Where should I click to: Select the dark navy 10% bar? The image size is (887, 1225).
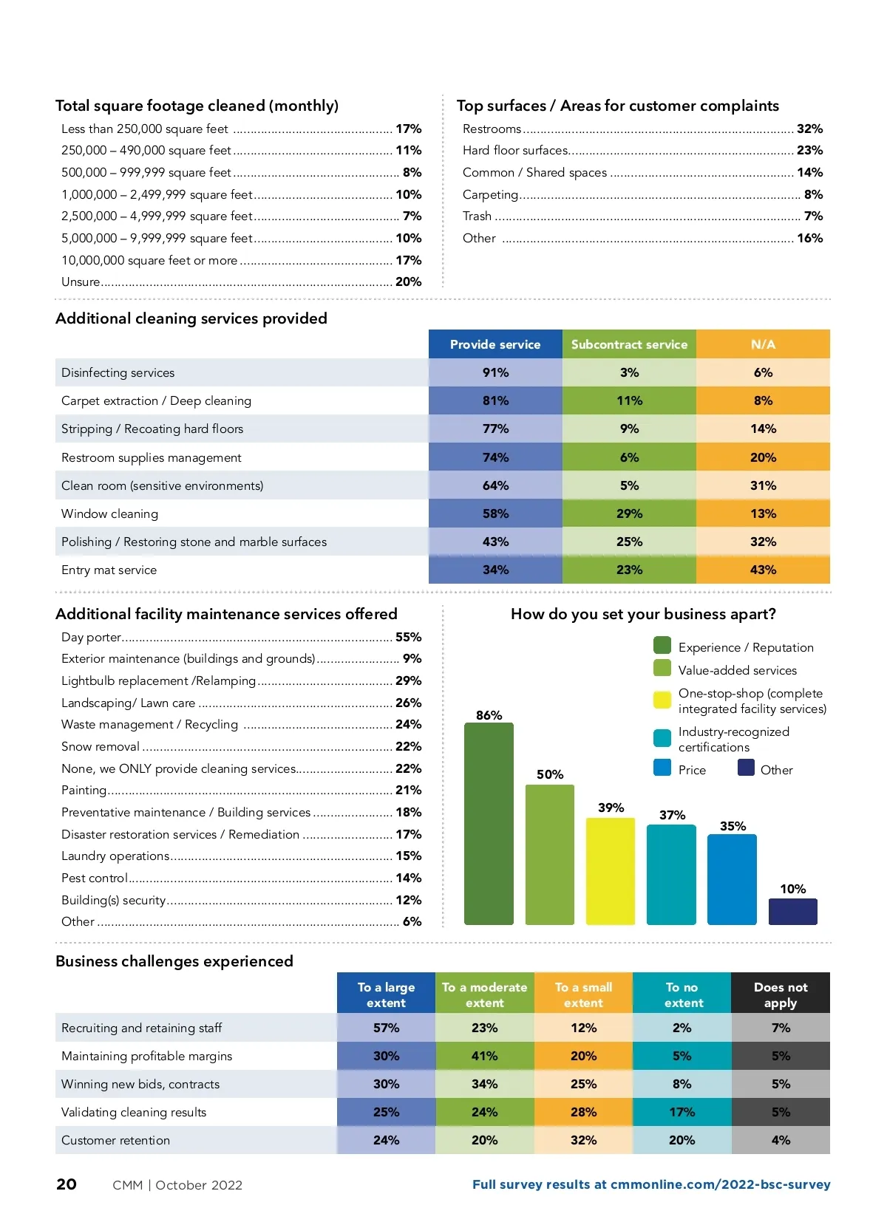(x=792, y=911)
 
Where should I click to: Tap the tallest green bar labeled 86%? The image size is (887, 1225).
(x=489, y=823)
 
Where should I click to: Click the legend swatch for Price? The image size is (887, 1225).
(x=662, y=768)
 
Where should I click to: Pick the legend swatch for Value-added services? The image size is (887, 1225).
(x=662, y=669)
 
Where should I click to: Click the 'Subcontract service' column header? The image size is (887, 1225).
(x=629, y=344)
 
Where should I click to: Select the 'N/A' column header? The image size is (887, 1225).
(x=763, y=344)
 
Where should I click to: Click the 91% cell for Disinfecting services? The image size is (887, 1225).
(x=495, y=372)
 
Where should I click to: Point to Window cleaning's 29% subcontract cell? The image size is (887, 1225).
(x=629, y=513)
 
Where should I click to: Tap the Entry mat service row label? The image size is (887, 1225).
(x=109, y=570)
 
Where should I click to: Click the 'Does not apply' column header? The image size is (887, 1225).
(x=781, y=994)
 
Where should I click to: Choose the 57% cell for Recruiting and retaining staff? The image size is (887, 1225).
(x=386, y=1028)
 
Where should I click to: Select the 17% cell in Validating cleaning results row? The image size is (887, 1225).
(x=682, y=1112)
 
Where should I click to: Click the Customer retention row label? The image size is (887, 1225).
(x=116, y=1140)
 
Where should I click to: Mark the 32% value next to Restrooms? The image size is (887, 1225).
(x=809, y=129)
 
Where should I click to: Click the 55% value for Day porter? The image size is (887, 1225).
(x=408, y=637)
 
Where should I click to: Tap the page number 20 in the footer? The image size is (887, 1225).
(x=67, y=1184)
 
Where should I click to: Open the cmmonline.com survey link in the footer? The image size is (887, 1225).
(x=651, y=1184)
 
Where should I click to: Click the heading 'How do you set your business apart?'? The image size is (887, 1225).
(x=643, y=614)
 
